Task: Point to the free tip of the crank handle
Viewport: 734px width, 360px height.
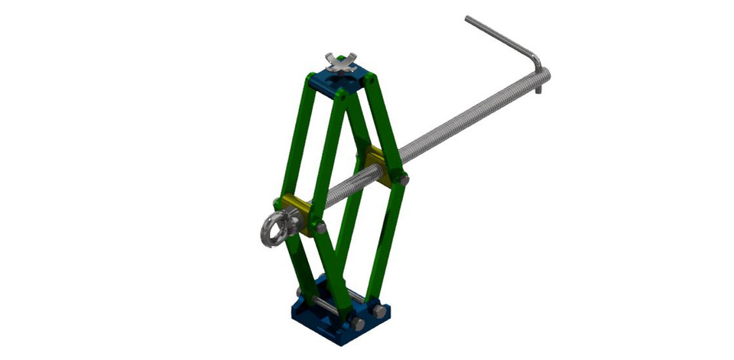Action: (x=469, y=19)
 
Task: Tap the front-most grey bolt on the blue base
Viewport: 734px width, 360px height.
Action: (x=358, y=324)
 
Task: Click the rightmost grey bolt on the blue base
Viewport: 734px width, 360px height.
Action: (x=378, y=312)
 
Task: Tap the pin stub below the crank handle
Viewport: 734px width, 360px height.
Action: (x=538, y=89)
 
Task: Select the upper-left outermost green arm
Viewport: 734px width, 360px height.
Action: (x=297, y=138)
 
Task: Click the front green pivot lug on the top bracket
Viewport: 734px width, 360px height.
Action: (x=341, y=97)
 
